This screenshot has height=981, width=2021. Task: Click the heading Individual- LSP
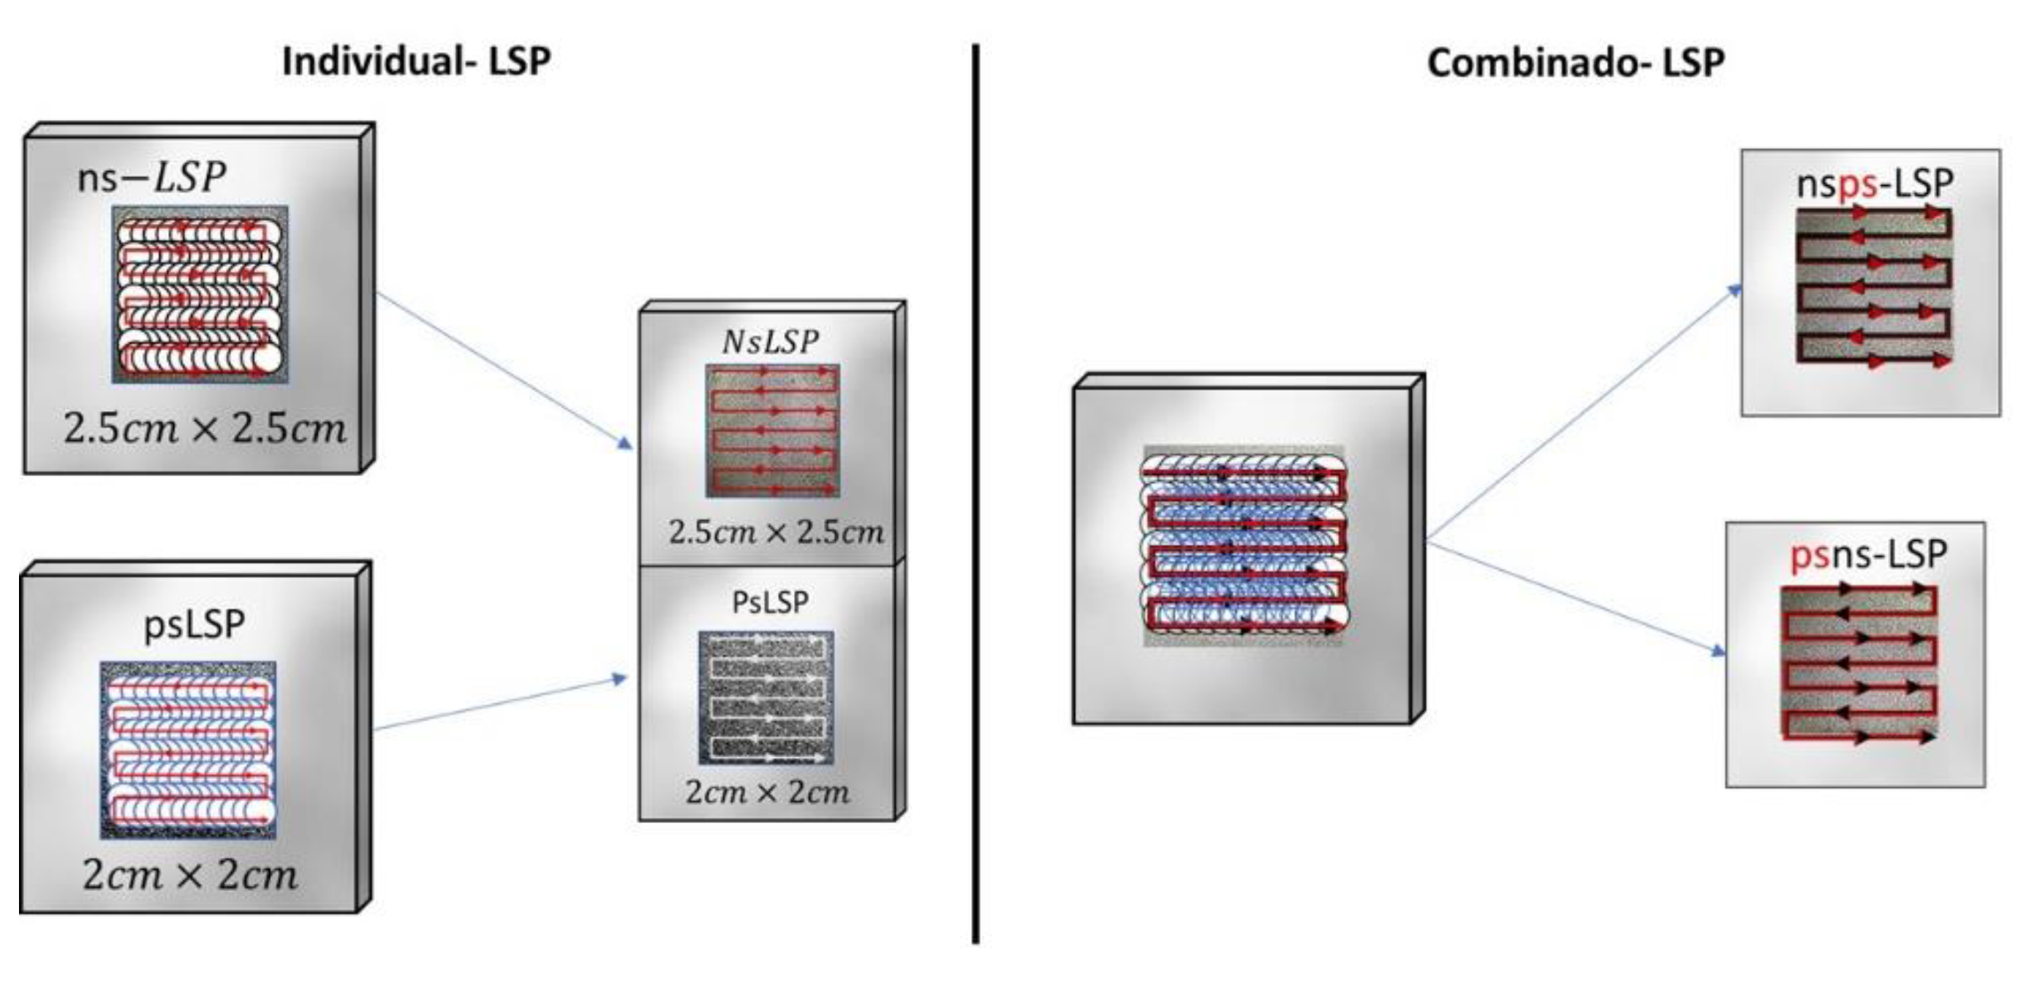point(416,61)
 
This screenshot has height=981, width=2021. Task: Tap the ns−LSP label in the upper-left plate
point(151,178)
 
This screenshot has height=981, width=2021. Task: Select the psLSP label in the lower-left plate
point(194,625)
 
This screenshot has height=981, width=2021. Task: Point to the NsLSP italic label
point(770,342)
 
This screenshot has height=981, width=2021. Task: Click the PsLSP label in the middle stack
point(770,603)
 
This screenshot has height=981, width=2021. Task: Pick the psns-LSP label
point(1867,555)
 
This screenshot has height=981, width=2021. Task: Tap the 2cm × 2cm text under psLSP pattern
point(190,875)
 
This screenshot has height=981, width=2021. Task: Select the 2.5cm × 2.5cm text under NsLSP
point(775,532)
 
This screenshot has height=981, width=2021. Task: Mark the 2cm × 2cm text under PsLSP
point(767,792)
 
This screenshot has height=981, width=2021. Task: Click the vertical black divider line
point(975,495)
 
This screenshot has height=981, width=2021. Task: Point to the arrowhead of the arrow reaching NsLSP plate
point(626,444)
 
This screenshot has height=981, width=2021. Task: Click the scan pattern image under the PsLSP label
point(766,698)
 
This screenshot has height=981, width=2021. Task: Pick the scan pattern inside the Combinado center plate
point(1244,546)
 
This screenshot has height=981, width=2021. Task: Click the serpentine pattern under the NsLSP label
point(772,430)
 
